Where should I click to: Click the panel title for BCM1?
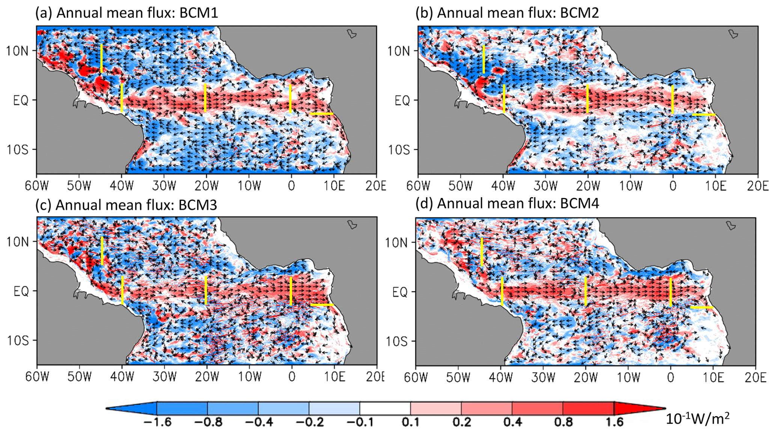click(127, 13)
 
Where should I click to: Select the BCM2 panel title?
click(507, 13)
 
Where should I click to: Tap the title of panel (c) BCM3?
click(126, 205)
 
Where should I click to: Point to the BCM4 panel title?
click(507, 204)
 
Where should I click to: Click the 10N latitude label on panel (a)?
click(17, 51)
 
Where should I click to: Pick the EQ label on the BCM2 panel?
click(402, 100)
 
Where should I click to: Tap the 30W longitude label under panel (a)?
click(164, 185)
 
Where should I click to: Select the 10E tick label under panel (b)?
click(715, 185)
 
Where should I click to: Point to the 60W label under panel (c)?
click(37, 376)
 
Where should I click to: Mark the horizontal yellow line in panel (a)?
click(322, 114)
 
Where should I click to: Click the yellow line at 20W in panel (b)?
click(588, 99)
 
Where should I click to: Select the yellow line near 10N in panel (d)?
click(482, 252)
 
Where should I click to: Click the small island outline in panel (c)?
click(352, 225)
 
